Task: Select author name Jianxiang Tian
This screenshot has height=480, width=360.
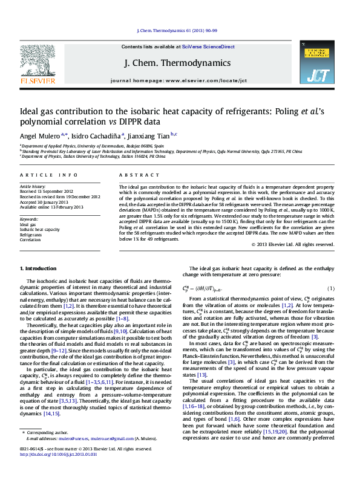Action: pos(147,137)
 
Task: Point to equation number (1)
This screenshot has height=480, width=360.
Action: pos(331,288)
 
